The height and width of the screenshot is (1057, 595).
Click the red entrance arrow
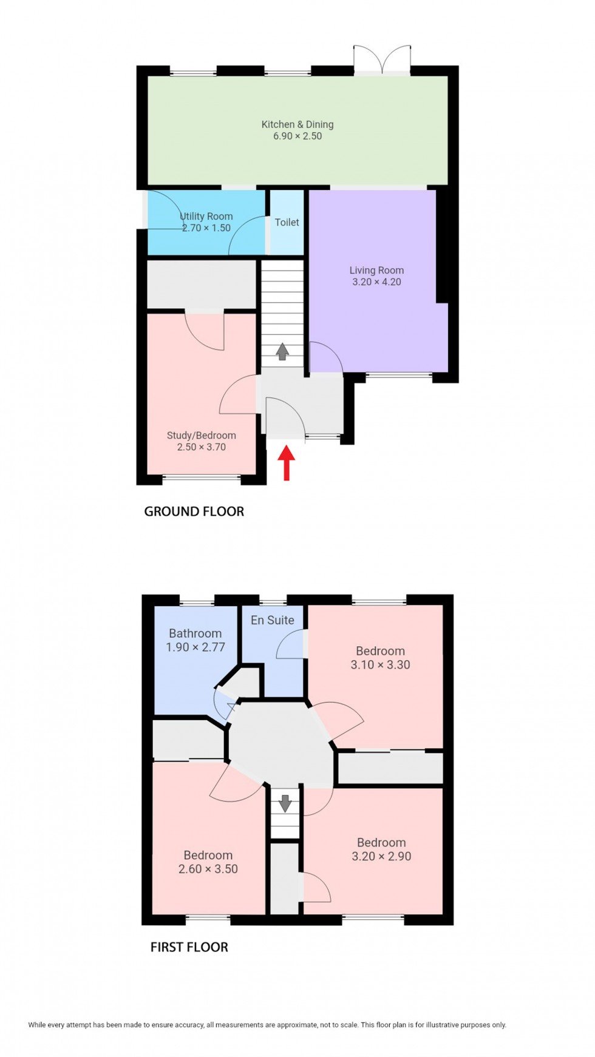(287, 463)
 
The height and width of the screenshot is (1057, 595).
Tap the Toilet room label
(287, 222)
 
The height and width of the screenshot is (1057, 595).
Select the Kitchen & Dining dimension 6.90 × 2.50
(297, 136)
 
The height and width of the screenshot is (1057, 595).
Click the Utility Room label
(206, 216)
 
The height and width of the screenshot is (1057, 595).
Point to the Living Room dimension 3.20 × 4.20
(376, 282)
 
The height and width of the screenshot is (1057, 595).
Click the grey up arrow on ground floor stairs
(282, 351)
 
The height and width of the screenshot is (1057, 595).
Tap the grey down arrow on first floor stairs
(285, 803)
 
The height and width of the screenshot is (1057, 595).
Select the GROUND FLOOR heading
(194, 512)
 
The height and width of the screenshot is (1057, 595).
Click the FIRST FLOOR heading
(189, 947)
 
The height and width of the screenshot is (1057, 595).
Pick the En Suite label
(273, 620)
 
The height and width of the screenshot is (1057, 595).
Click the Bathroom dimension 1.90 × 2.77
(195, 647)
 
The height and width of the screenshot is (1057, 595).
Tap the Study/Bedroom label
(202, 435)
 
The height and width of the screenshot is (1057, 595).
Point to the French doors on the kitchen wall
(382, 59)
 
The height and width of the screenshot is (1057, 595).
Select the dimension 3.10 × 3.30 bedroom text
(380, 664)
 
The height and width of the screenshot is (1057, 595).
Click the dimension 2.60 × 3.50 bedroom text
(208, 868)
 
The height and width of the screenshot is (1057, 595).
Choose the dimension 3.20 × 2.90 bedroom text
(381, 856)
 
